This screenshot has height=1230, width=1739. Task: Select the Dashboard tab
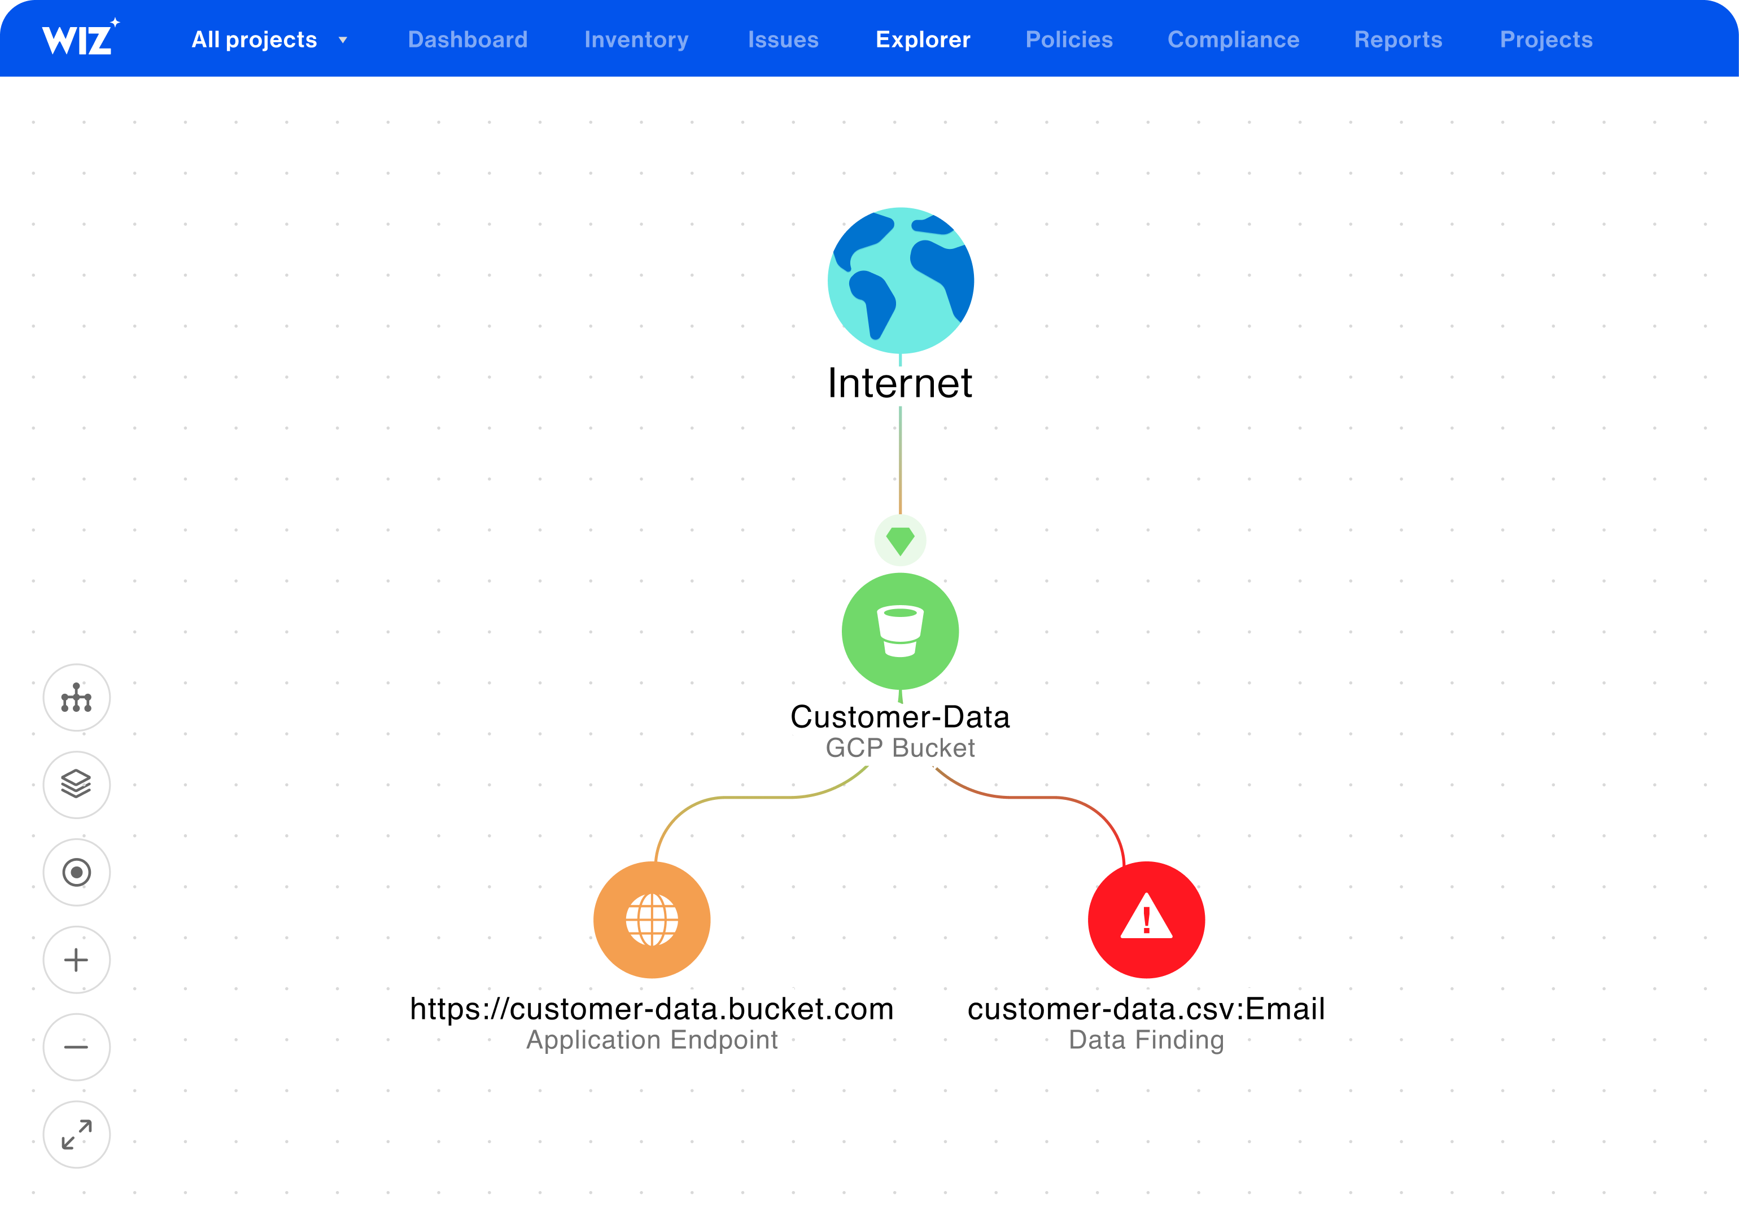coord(467,40)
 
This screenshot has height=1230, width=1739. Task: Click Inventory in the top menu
coord(636,40)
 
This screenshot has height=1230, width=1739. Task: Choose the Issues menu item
coord(783,40)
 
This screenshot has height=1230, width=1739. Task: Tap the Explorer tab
coord(923,40)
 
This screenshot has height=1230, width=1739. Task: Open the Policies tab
coord(1069,40)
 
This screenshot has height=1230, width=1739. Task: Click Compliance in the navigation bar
coord(1233,40)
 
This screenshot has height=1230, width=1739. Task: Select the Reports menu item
coord(1398,40)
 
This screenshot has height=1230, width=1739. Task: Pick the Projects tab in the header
coord(1546,40)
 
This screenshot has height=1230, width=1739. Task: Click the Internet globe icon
coord(901,280)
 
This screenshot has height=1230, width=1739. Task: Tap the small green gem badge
coord(901,541)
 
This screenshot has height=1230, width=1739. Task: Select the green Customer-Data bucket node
coord(901,631)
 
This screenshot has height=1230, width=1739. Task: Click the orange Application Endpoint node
coord(652,920)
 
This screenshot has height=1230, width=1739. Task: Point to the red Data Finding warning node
coord(1147,920)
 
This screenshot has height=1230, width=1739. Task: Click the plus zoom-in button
coord(76,960)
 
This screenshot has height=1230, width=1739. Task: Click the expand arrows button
coord(76,1135)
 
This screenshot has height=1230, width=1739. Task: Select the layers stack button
coord(76,785)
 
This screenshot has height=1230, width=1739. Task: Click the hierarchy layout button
coord(76,698)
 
